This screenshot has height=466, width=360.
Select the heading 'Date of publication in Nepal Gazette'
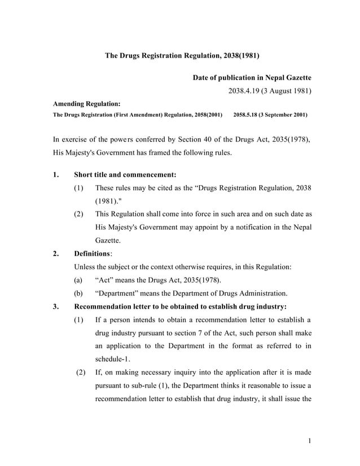click(252, 77)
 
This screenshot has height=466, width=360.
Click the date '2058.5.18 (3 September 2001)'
click(270, 115)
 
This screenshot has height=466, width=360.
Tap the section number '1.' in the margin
click(56, 174)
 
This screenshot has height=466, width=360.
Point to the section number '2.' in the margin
click(56, 254)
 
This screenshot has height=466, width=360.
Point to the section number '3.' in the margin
click(56, 307)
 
